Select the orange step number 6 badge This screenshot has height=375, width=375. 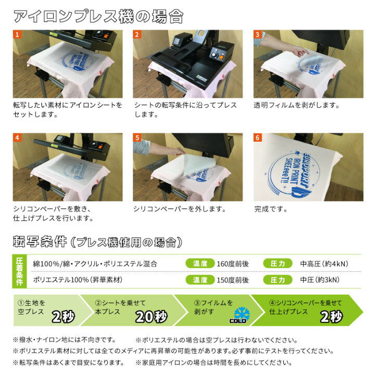click(257, 139)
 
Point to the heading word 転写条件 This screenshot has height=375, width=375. click(40, 242)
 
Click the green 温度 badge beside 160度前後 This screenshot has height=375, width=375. click(200, 264)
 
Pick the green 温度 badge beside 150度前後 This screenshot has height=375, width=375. click(200, 280)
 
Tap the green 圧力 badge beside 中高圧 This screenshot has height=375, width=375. click(278, 264)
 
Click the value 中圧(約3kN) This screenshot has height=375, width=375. click(319, 280)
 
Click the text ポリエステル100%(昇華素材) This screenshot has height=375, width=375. click(78, 280)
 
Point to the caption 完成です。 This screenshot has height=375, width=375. click(271, 209)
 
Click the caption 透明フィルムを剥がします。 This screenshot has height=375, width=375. click(296, 105)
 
